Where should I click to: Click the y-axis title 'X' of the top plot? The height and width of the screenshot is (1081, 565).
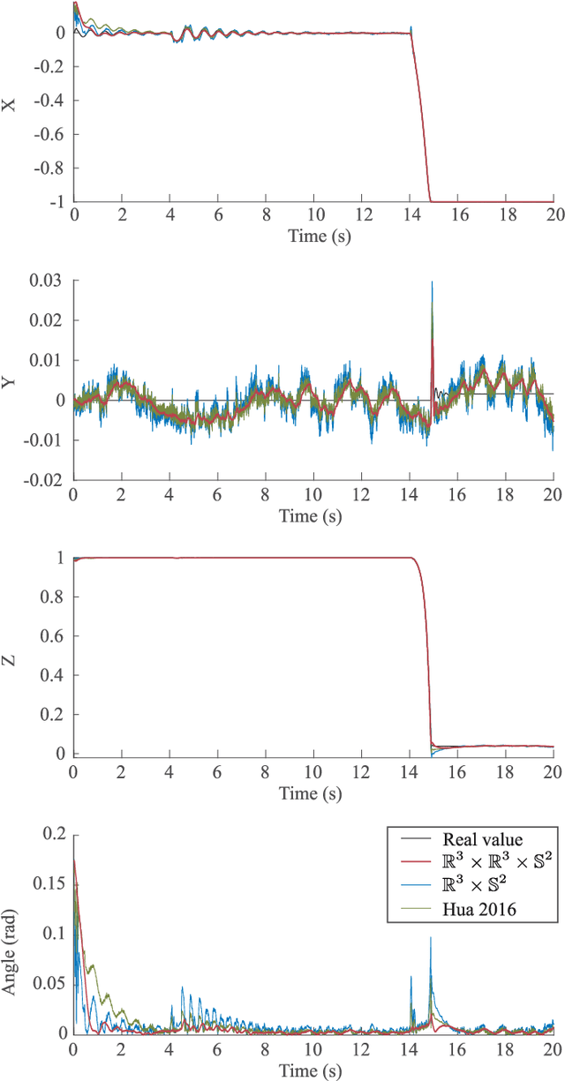[11, 104]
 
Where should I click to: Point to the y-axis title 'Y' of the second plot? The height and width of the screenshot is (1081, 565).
[11, 380]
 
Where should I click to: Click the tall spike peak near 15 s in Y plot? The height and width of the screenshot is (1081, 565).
[432, 282]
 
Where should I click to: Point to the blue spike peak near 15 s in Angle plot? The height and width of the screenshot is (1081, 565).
[431, 937]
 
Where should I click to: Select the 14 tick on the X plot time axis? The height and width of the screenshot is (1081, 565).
[409, 214]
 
